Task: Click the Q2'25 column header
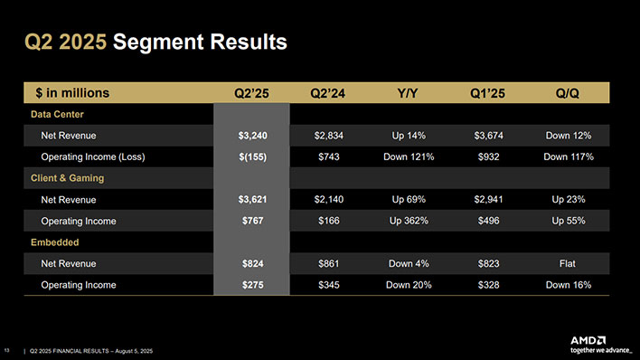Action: [250, 92]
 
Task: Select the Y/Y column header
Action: [406, 92]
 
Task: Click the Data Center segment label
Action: [57, 114]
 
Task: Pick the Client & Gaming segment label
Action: [67, 178]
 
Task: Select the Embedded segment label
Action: [54, 242]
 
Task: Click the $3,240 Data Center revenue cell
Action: [250, 136]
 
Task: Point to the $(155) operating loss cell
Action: [250, 156]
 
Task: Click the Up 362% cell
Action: [406, 221]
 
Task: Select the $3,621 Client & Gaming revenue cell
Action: [250, 200]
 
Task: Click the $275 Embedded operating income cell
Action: [250, 285]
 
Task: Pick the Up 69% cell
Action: [406, 200]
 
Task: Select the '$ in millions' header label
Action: [72, 92]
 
